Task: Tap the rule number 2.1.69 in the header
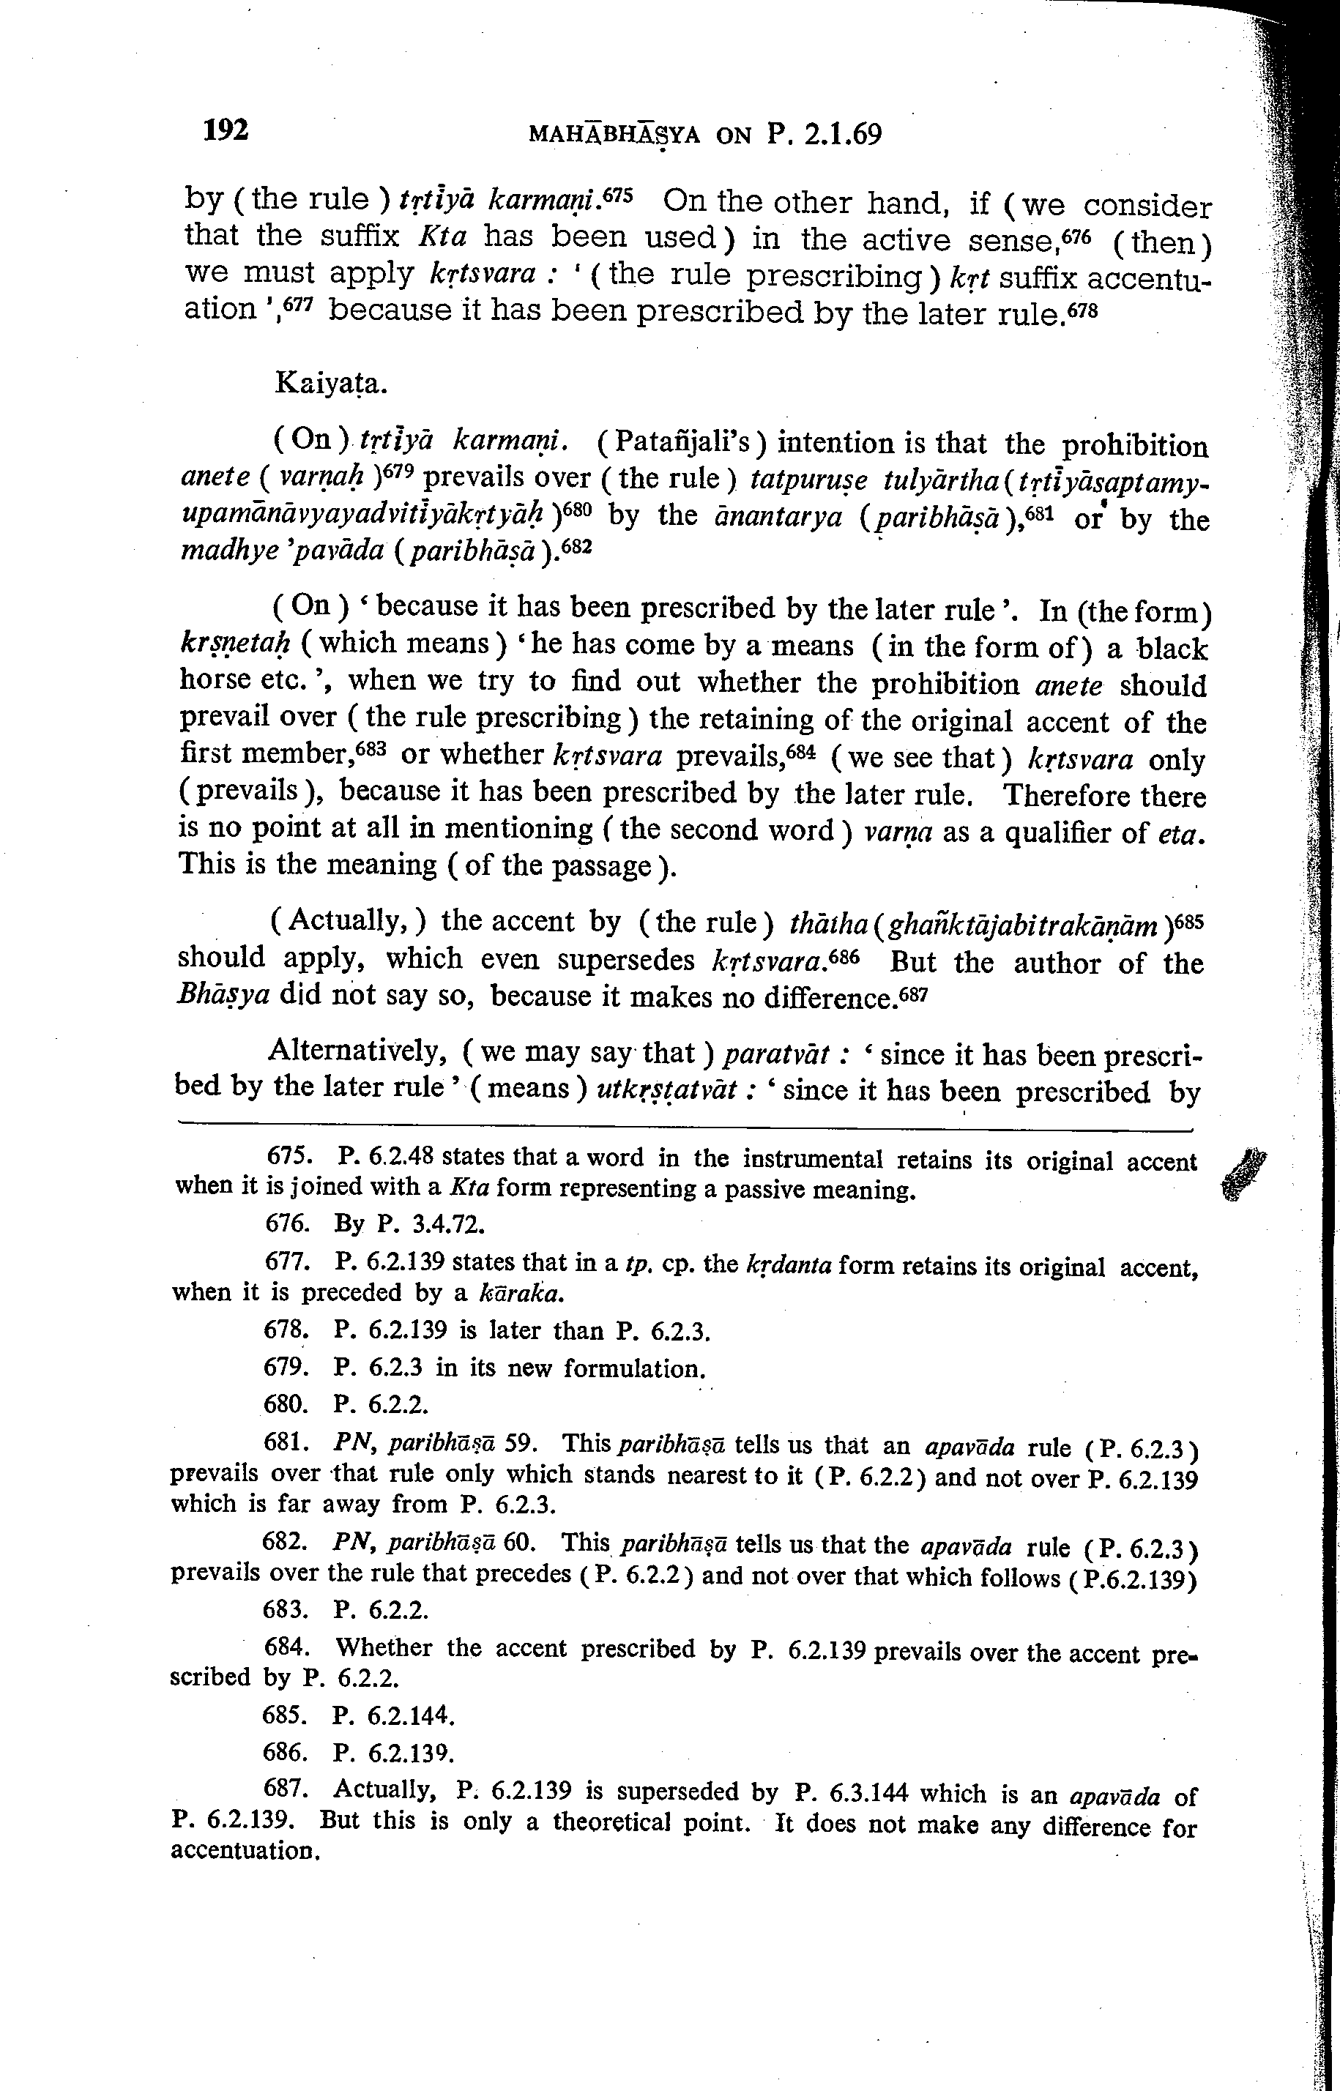point(839,135)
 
